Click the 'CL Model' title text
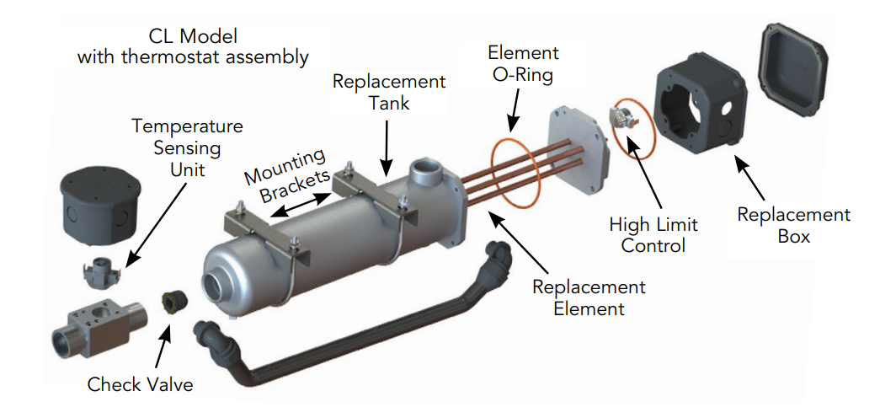pyautogui.click(x=193, y=37)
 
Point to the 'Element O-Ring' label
pyautogui.click(x=522, y=63)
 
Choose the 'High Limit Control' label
pyautogui.click(x=653, y=235)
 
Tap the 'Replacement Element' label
pyautogui.click(x=589, y=297)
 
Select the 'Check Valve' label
pyautogui.click(x=140, y=385)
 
